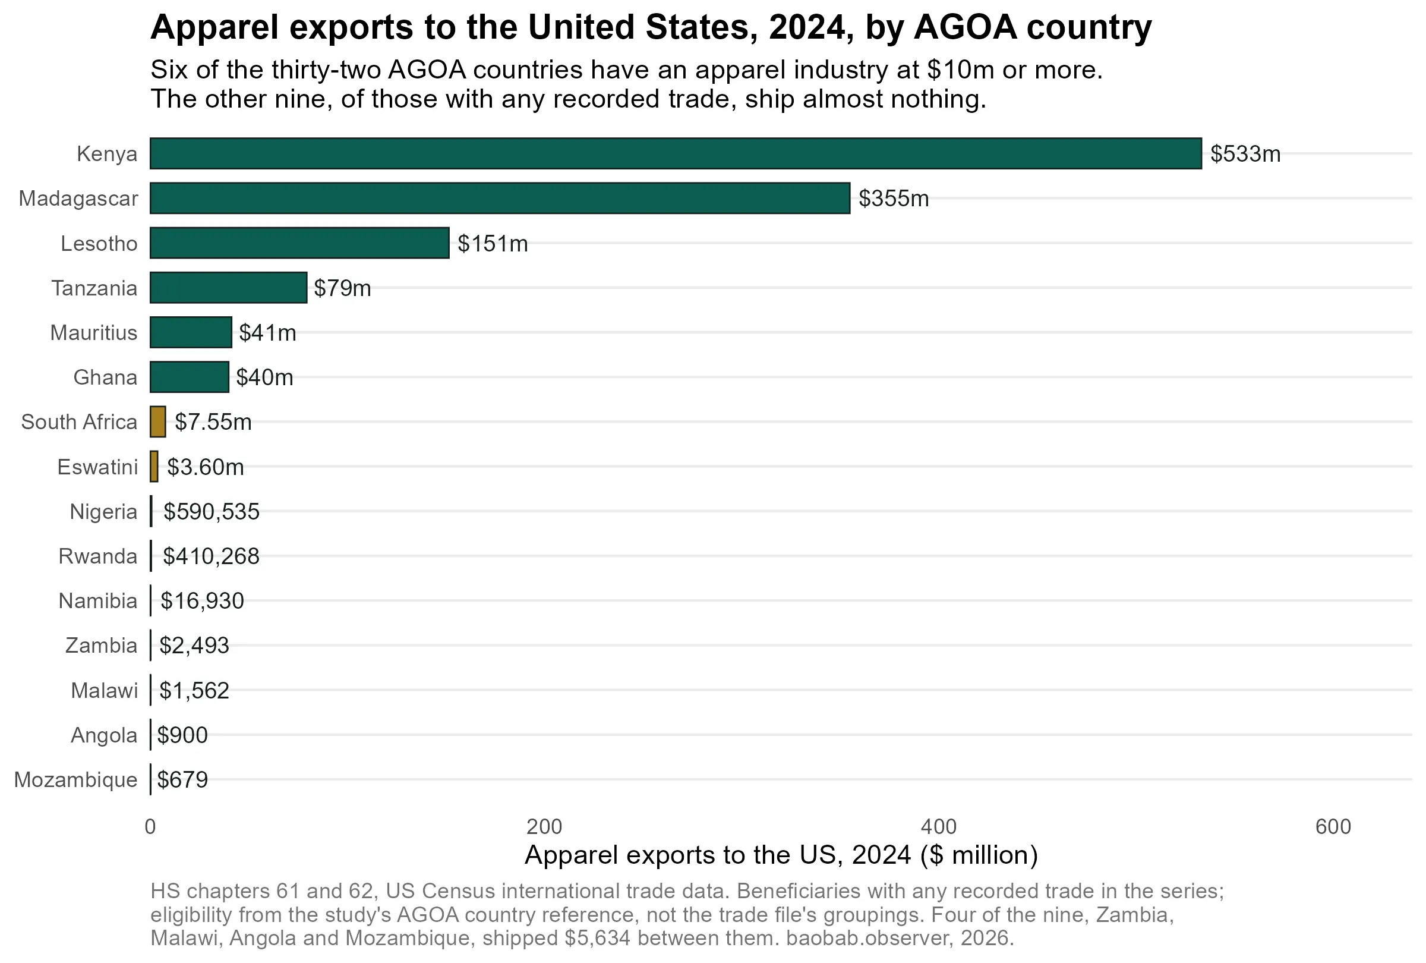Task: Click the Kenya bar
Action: coord(676,153)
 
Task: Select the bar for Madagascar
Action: coord(500,198)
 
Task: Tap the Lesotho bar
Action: coord(299,243)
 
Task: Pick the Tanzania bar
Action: coord(228,288)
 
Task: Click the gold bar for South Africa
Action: coord(157,421)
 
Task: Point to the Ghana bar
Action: coord(190,377)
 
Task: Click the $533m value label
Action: coord(1245,154)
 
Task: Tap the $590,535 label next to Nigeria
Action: coord(212,512)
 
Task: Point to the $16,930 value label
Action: coord(203,601)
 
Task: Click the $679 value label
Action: coord(183,780)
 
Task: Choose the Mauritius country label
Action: coord(94,333)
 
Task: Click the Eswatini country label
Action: coord(97,467)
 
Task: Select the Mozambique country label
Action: coord(76,780)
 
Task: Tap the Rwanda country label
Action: coord(98,556)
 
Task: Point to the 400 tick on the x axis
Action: coord(939,827)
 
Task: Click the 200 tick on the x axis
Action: coord(544,827)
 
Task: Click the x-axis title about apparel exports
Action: coord(781,855)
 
